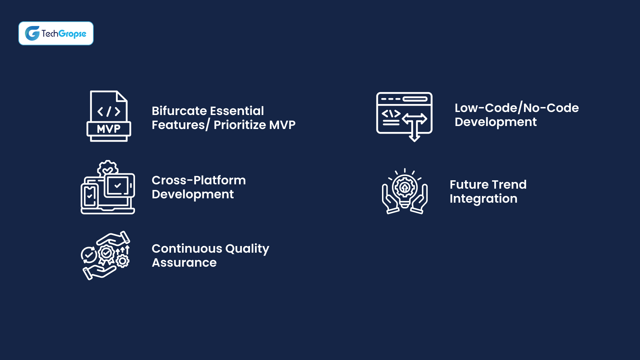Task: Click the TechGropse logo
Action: (x=56, y=33)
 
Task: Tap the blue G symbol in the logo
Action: (x=32, y=33)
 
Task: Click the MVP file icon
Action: (x=109, y=116)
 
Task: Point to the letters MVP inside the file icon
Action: (x=109, y=129)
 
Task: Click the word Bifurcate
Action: (x=179, y=111)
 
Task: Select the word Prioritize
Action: (x=240, y=125)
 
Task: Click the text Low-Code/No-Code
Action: (x=516, y=108)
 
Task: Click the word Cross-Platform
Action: (x=199, y=180)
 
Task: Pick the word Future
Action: (x=469, y=185)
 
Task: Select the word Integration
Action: (x=483, y=199)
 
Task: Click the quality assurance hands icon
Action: (x=105, y=255)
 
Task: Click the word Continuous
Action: (x=187, y=249)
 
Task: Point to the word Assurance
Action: (x=184, y=263)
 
